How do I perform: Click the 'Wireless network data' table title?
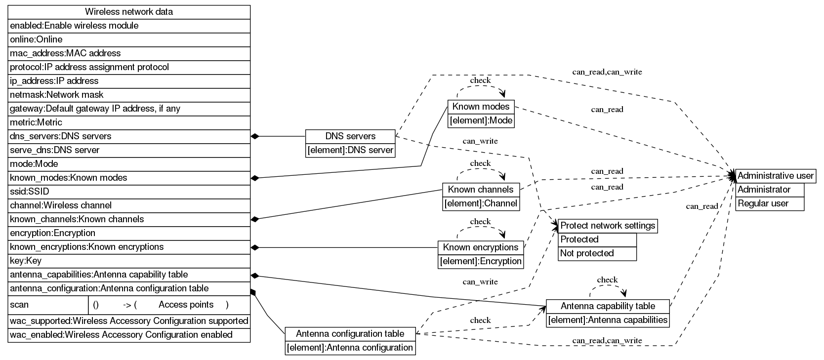coord(129,12)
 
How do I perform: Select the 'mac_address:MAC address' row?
coord(129,53)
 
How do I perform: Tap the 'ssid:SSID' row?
coord(129,192)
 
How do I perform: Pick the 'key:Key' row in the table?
coord(129,261)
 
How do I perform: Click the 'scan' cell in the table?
coord(48,305)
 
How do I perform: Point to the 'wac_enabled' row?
coord(129,335)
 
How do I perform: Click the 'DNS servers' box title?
coord(350,136)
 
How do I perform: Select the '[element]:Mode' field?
coord(481,120)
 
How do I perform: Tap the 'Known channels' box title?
coord(481,189)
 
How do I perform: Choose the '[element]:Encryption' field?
coord(481,261)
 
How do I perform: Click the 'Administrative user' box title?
coord(775,176)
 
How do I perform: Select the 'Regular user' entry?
coord(769,203)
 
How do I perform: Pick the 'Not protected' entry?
coord(597,253)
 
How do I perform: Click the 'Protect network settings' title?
coord(607,226)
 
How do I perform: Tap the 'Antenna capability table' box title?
coord(608,306)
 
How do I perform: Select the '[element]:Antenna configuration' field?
coord(350,348)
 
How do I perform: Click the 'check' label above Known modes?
coord(480,80)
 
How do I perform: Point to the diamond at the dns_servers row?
coord(255,136)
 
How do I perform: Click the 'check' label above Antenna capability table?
coord(607,280)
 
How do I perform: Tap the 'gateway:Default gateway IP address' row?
coord(129,109)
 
